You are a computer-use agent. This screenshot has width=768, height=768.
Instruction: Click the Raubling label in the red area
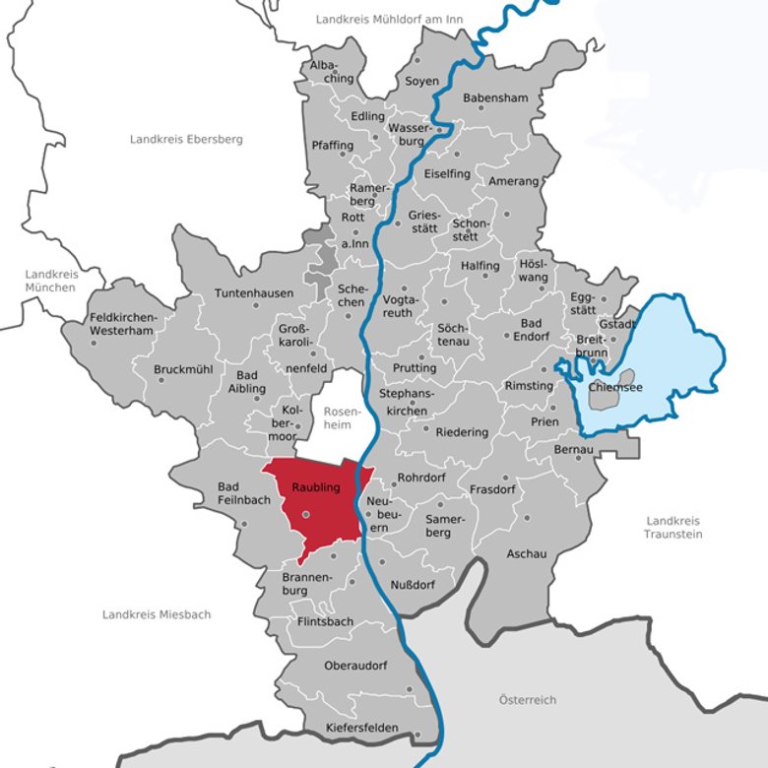coord(315,487)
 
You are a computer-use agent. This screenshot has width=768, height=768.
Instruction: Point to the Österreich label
coord(527,699)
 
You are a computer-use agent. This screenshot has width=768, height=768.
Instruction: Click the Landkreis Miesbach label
coord(157,614)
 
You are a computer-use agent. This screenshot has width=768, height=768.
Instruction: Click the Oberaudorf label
coord(355,666)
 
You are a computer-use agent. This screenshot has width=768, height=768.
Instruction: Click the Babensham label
coord(496,98)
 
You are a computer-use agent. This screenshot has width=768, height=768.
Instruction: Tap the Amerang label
coord(512,181)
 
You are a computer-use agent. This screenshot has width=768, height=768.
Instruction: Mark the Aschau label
coord(526,553)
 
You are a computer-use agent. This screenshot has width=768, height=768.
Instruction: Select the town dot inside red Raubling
coord(306,513)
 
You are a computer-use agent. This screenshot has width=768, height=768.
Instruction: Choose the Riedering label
coord(462,431)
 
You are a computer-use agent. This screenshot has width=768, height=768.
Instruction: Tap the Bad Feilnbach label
coord(230,494)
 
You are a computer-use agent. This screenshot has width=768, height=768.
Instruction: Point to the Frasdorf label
coord(492,488)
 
